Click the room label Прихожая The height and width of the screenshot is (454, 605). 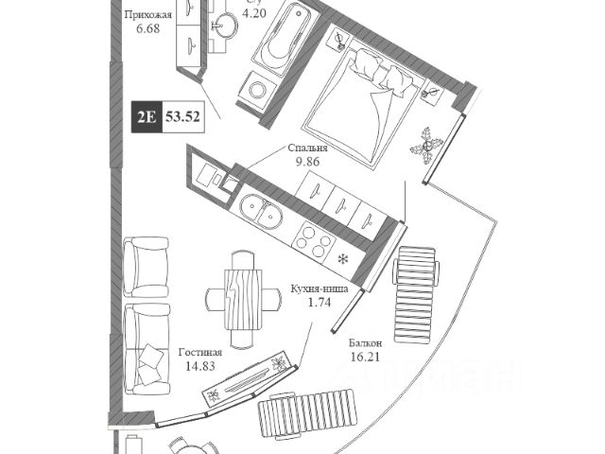coord(149,15)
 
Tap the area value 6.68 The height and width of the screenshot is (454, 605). coord(149,30)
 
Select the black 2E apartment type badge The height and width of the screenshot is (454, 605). coord(146,118)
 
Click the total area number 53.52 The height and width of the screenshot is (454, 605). coord(184,118)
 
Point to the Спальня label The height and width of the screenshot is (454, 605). coord(309,148)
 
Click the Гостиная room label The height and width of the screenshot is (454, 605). coord(201,352)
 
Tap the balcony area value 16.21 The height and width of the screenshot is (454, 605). coord(365,358)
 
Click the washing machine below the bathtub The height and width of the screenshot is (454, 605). coord(258,89)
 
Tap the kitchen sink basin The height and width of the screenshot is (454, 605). coord(260,212)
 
